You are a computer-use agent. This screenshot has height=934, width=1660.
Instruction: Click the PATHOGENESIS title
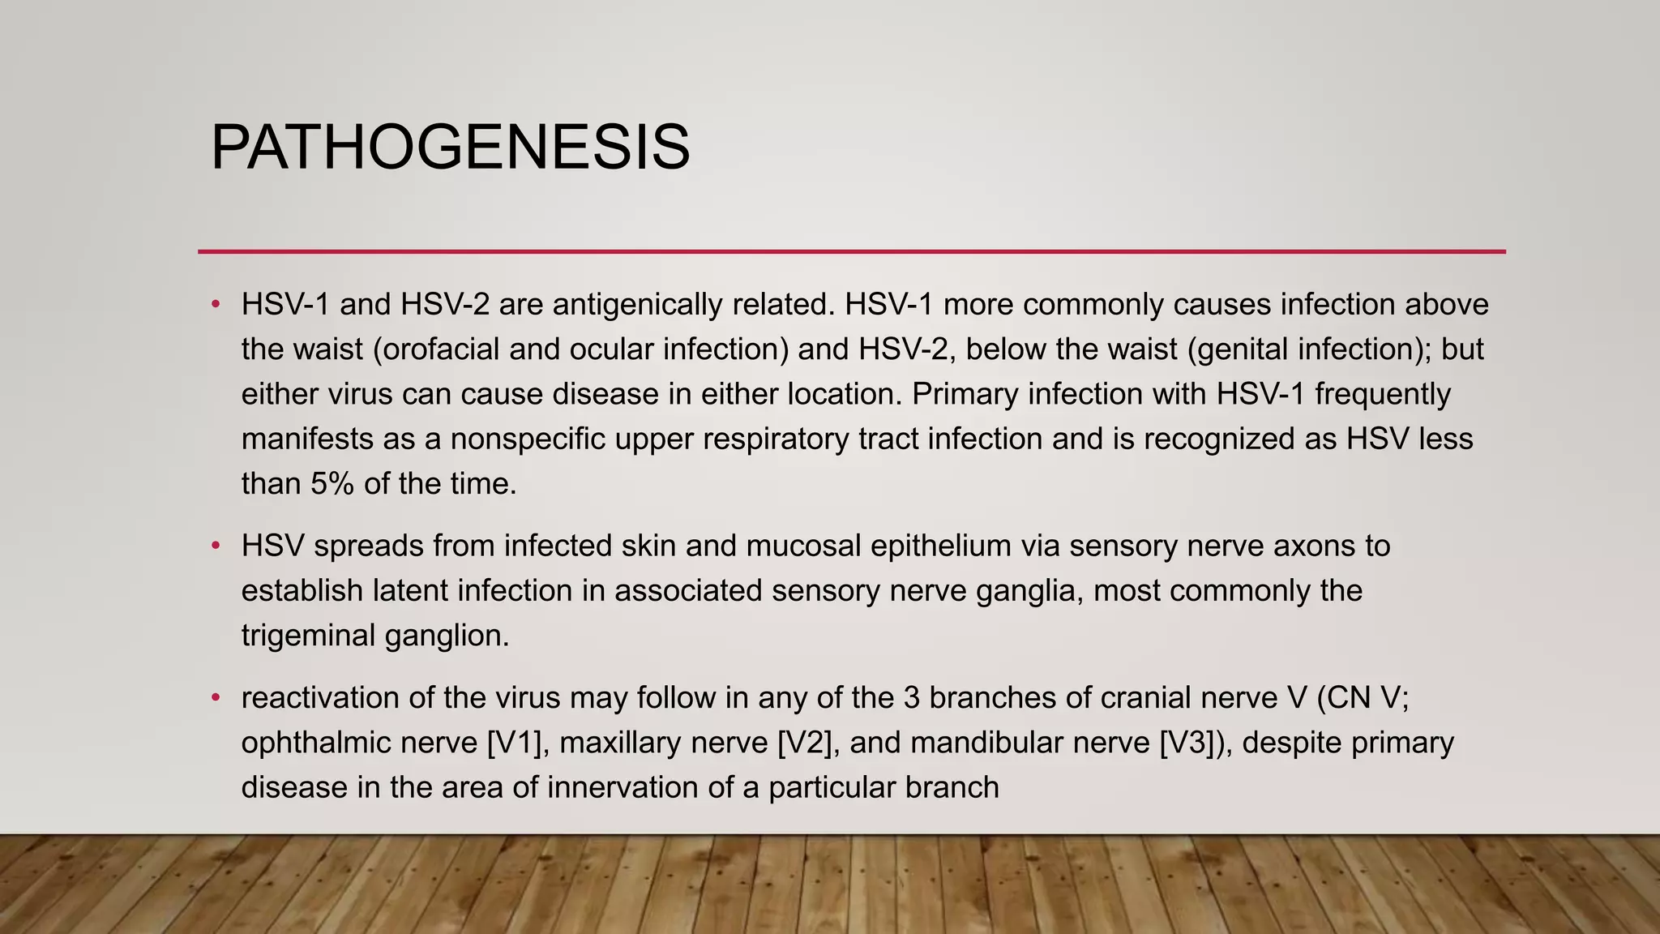click(450, 148)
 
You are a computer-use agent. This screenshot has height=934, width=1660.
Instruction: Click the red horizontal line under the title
click(851, 252)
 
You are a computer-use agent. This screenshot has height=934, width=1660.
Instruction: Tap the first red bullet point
click(216, 305)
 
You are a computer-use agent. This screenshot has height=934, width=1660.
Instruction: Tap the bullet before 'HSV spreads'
click(216, 546)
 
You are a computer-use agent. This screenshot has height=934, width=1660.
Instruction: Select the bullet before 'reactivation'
click(216, 697)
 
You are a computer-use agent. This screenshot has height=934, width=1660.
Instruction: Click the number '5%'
click(332, 484)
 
